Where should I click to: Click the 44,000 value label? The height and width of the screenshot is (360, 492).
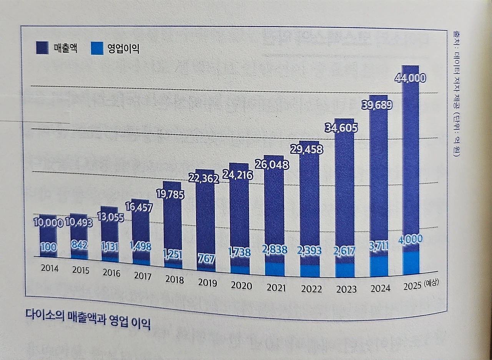410,78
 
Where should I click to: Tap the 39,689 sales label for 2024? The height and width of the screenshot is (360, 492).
377,105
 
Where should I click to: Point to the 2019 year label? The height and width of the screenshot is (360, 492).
208,283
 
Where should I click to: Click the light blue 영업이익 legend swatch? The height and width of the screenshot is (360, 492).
97,49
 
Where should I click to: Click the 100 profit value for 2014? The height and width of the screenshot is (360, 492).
48,247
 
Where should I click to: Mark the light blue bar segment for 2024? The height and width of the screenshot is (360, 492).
379,266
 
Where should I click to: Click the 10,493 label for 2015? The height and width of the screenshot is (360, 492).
79,223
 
